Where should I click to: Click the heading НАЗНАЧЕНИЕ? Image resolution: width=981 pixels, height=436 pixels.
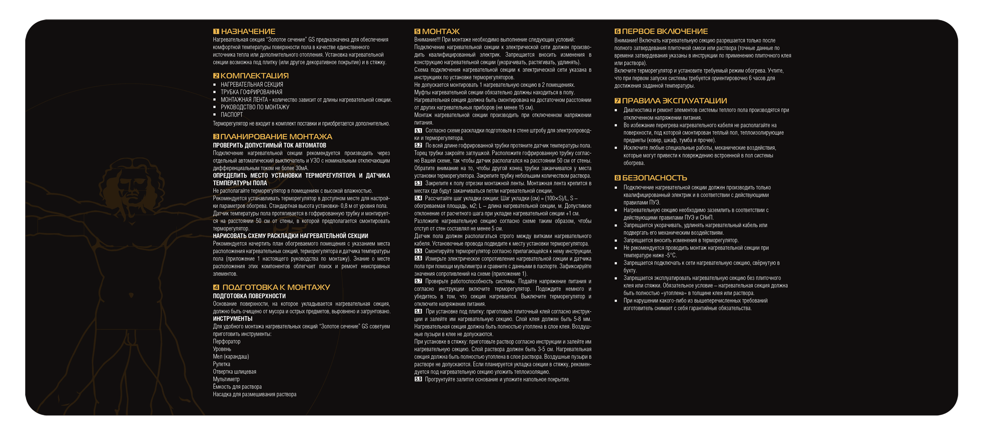(248, 31)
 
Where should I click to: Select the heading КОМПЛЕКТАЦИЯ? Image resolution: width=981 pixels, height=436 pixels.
(254, 76)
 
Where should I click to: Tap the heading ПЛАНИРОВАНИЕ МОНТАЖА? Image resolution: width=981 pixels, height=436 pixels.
(276, 137)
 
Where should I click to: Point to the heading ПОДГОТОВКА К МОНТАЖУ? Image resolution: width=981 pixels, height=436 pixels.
(276, 287)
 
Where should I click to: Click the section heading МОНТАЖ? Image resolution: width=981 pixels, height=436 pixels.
(441, 31)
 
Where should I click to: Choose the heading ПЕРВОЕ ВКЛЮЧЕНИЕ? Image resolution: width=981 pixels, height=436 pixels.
(665, 31)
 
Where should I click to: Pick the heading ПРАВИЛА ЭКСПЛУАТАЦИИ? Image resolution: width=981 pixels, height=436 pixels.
(674, 101)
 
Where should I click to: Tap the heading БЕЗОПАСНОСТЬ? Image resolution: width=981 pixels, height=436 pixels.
(655, 178)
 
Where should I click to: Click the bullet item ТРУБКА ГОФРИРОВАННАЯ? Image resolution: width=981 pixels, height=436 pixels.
(251, 92)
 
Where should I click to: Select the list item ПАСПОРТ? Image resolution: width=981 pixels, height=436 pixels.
(232, 115)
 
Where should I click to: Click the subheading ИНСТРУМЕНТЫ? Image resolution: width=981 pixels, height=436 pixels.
(233, 319)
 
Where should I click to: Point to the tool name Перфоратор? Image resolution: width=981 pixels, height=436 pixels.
(226, 341)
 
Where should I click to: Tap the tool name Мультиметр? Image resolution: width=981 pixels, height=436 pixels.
(226, 379)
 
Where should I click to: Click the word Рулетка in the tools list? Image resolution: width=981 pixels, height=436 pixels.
(221, 364)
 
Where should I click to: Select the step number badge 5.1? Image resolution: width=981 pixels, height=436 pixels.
(418, 131)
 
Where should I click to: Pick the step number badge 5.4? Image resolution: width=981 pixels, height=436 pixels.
(418, 198)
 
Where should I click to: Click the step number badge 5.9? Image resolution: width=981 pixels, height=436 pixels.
(418, 379)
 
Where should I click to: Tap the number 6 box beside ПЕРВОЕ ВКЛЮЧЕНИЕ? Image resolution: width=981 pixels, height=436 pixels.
(617, 31)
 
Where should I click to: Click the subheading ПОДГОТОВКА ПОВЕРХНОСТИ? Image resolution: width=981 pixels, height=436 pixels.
(249, 296)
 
